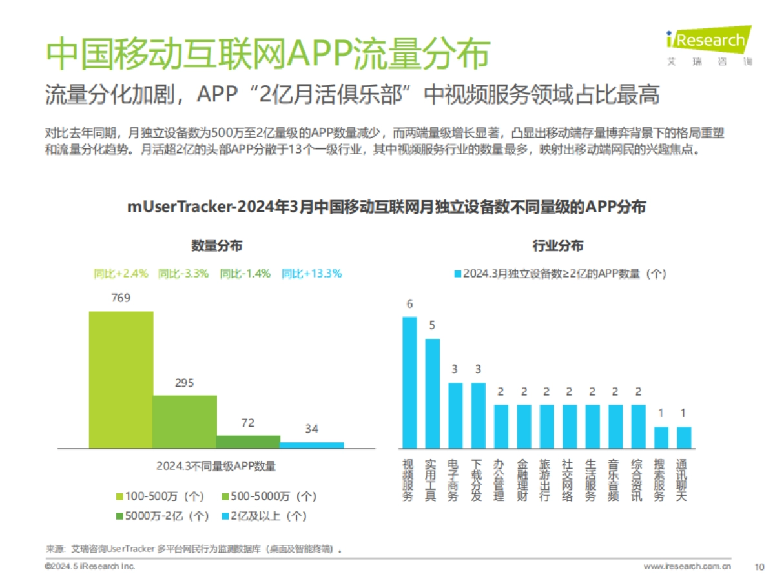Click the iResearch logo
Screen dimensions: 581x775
[708, 45]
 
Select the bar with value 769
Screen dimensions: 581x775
[121, 380]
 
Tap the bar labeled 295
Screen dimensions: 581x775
[185, 422]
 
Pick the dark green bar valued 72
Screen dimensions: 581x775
[248, 442]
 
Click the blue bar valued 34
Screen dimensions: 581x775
[312, 445]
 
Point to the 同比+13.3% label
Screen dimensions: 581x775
[311, 274]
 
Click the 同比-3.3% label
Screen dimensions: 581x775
[183, 274]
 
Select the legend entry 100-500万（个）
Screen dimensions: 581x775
[160, 496]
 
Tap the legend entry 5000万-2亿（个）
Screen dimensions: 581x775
[162, 516]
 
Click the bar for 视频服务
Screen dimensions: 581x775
[409, 382]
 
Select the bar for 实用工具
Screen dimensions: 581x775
[432, 393]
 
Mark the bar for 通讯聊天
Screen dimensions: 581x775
[684, 437]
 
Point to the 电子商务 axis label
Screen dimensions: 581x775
[454, 480]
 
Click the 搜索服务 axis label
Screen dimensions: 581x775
[661, 480]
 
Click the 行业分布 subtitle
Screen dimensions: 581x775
[557, 246]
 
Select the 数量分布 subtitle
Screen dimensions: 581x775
[217, 246]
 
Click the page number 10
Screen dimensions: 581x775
[759, 567]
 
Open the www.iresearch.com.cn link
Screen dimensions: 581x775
[687, 567]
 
